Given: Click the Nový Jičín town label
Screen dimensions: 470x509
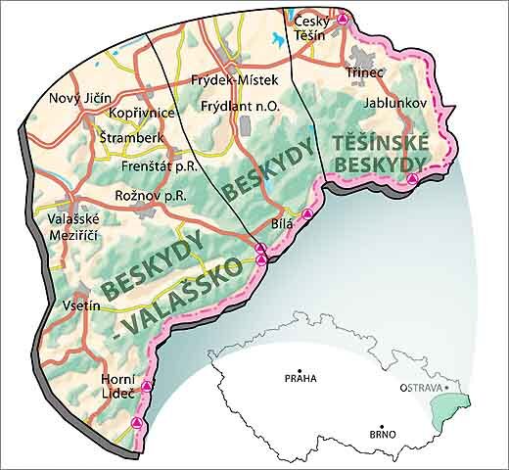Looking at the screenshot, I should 80,98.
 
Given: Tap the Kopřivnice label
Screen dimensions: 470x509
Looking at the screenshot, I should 141,115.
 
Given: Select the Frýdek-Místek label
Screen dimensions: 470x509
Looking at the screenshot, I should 234,79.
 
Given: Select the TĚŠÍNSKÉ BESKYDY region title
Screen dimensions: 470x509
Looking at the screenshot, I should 377,153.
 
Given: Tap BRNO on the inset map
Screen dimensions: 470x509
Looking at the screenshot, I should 382,433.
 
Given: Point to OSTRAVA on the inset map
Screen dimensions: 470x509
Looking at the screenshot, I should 421,388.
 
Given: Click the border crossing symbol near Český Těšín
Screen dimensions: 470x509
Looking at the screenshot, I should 342,19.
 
